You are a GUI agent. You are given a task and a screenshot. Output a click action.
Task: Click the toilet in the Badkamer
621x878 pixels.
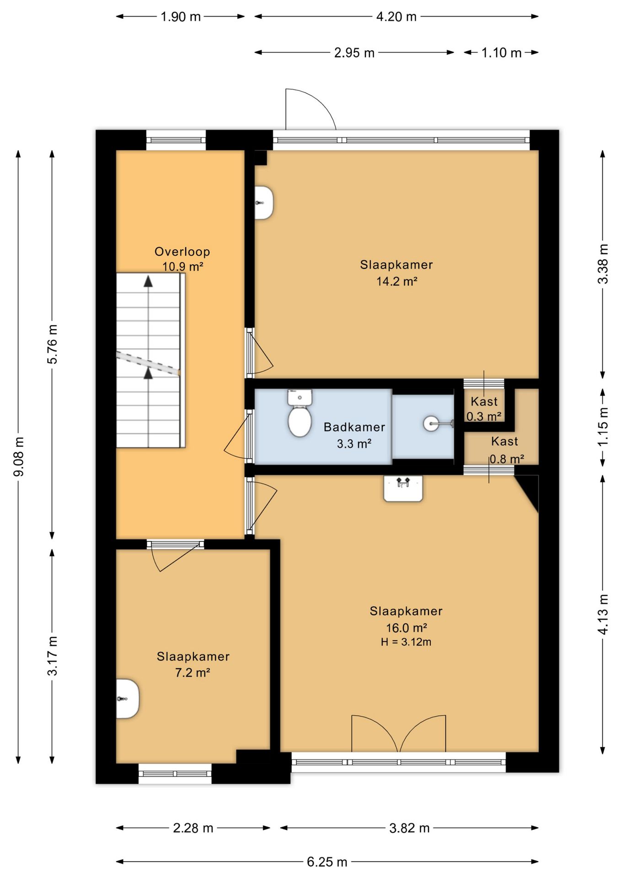(300, 412)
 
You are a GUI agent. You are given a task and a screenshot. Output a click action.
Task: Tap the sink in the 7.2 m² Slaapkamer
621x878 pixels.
(127, 699)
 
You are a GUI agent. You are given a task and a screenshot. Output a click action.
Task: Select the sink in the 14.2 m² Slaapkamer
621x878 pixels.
(264, 203)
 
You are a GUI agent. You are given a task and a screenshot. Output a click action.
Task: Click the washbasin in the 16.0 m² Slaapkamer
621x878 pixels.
(403, 488)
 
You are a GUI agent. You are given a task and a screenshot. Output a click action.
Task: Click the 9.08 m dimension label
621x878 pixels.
(19, 456)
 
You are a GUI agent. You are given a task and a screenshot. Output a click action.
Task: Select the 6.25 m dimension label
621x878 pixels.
(327, 862)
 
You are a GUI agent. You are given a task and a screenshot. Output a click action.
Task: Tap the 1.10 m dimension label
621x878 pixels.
(501, 53)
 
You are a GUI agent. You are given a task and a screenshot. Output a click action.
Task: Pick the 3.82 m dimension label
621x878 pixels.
(409, 828)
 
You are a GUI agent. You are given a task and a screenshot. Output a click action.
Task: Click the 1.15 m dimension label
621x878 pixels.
(603, 427)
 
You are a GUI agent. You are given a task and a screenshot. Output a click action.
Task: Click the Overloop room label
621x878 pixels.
(182, 252)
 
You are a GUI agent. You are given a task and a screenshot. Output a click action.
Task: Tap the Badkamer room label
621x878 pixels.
(354, 427)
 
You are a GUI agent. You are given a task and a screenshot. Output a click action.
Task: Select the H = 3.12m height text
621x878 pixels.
(406, 642)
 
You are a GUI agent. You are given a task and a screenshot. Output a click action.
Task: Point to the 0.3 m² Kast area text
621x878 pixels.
(484, 417)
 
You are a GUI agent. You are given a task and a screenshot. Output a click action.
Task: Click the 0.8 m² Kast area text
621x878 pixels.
(507, 459)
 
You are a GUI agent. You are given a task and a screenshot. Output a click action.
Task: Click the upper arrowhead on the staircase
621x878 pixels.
(148, 281)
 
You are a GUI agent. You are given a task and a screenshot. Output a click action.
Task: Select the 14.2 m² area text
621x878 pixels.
(396, 281)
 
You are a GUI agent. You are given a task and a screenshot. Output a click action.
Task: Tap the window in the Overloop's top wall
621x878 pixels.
(176, 140)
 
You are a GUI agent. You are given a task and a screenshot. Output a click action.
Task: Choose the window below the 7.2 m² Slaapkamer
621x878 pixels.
(175, 773)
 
